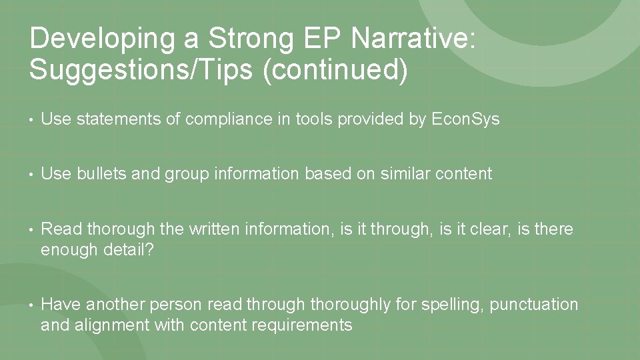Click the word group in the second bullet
[187, 174]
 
